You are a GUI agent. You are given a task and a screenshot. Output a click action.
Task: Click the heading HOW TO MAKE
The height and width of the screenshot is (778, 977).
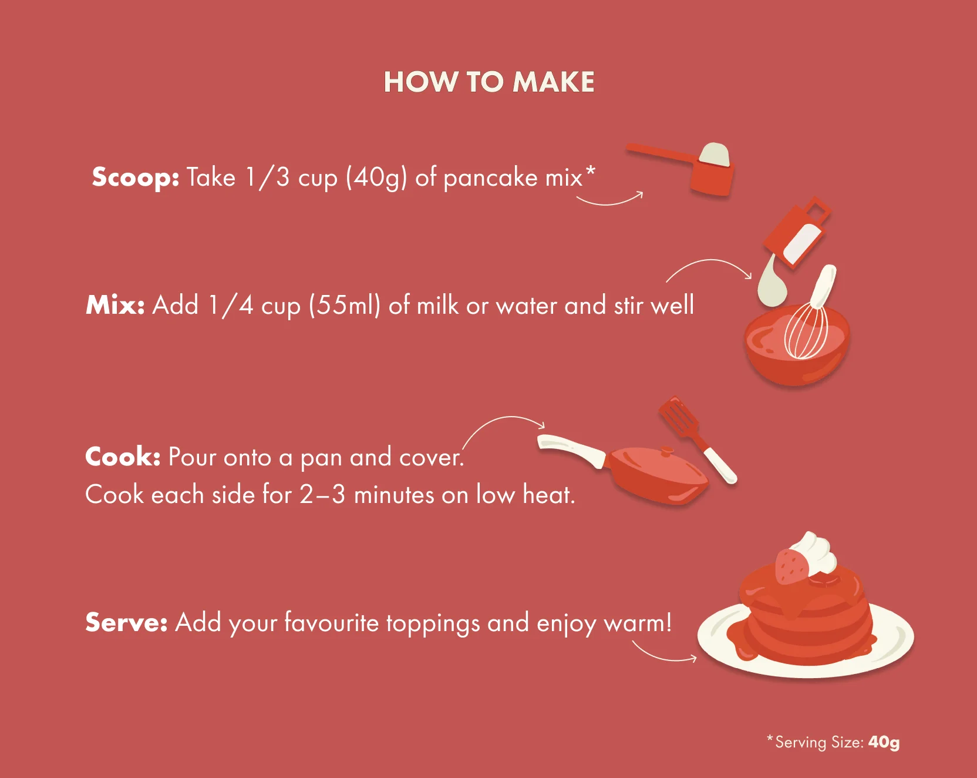[x=489, y=82]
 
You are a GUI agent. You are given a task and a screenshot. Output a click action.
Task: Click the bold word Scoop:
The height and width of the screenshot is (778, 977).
[x=136, y=177]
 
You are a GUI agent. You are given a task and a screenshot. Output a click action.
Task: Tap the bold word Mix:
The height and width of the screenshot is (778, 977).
[x=115, y=305]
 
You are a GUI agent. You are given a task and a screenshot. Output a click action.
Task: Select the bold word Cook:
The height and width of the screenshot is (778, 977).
[x=123, y=457]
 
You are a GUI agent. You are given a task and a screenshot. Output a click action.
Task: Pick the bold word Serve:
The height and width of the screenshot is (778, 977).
[x=127, y=622]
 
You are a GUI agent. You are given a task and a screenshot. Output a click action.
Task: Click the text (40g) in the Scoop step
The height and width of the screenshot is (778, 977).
[x=376, y=177]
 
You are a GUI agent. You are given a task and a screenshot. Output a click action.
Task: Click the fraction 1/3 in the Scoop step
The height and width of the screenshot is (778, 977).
[x=267, y=177]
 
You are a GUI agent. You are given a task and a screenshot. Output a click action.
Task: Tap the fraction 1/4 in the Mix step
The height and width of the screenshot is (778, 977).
[x=231, y=306]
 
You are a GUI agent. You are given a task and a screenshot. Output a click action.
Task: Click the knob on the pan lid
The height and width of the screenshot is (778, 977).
[x=666, y=452]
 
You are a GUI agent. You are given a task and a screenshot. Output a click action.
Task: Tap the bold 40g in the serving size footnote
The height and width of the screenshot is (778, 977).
[x=884, y=743]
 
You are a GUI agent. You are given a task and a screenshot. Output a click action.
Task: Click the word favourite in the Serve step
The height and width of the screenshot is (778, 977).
[x=332, y=622]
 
